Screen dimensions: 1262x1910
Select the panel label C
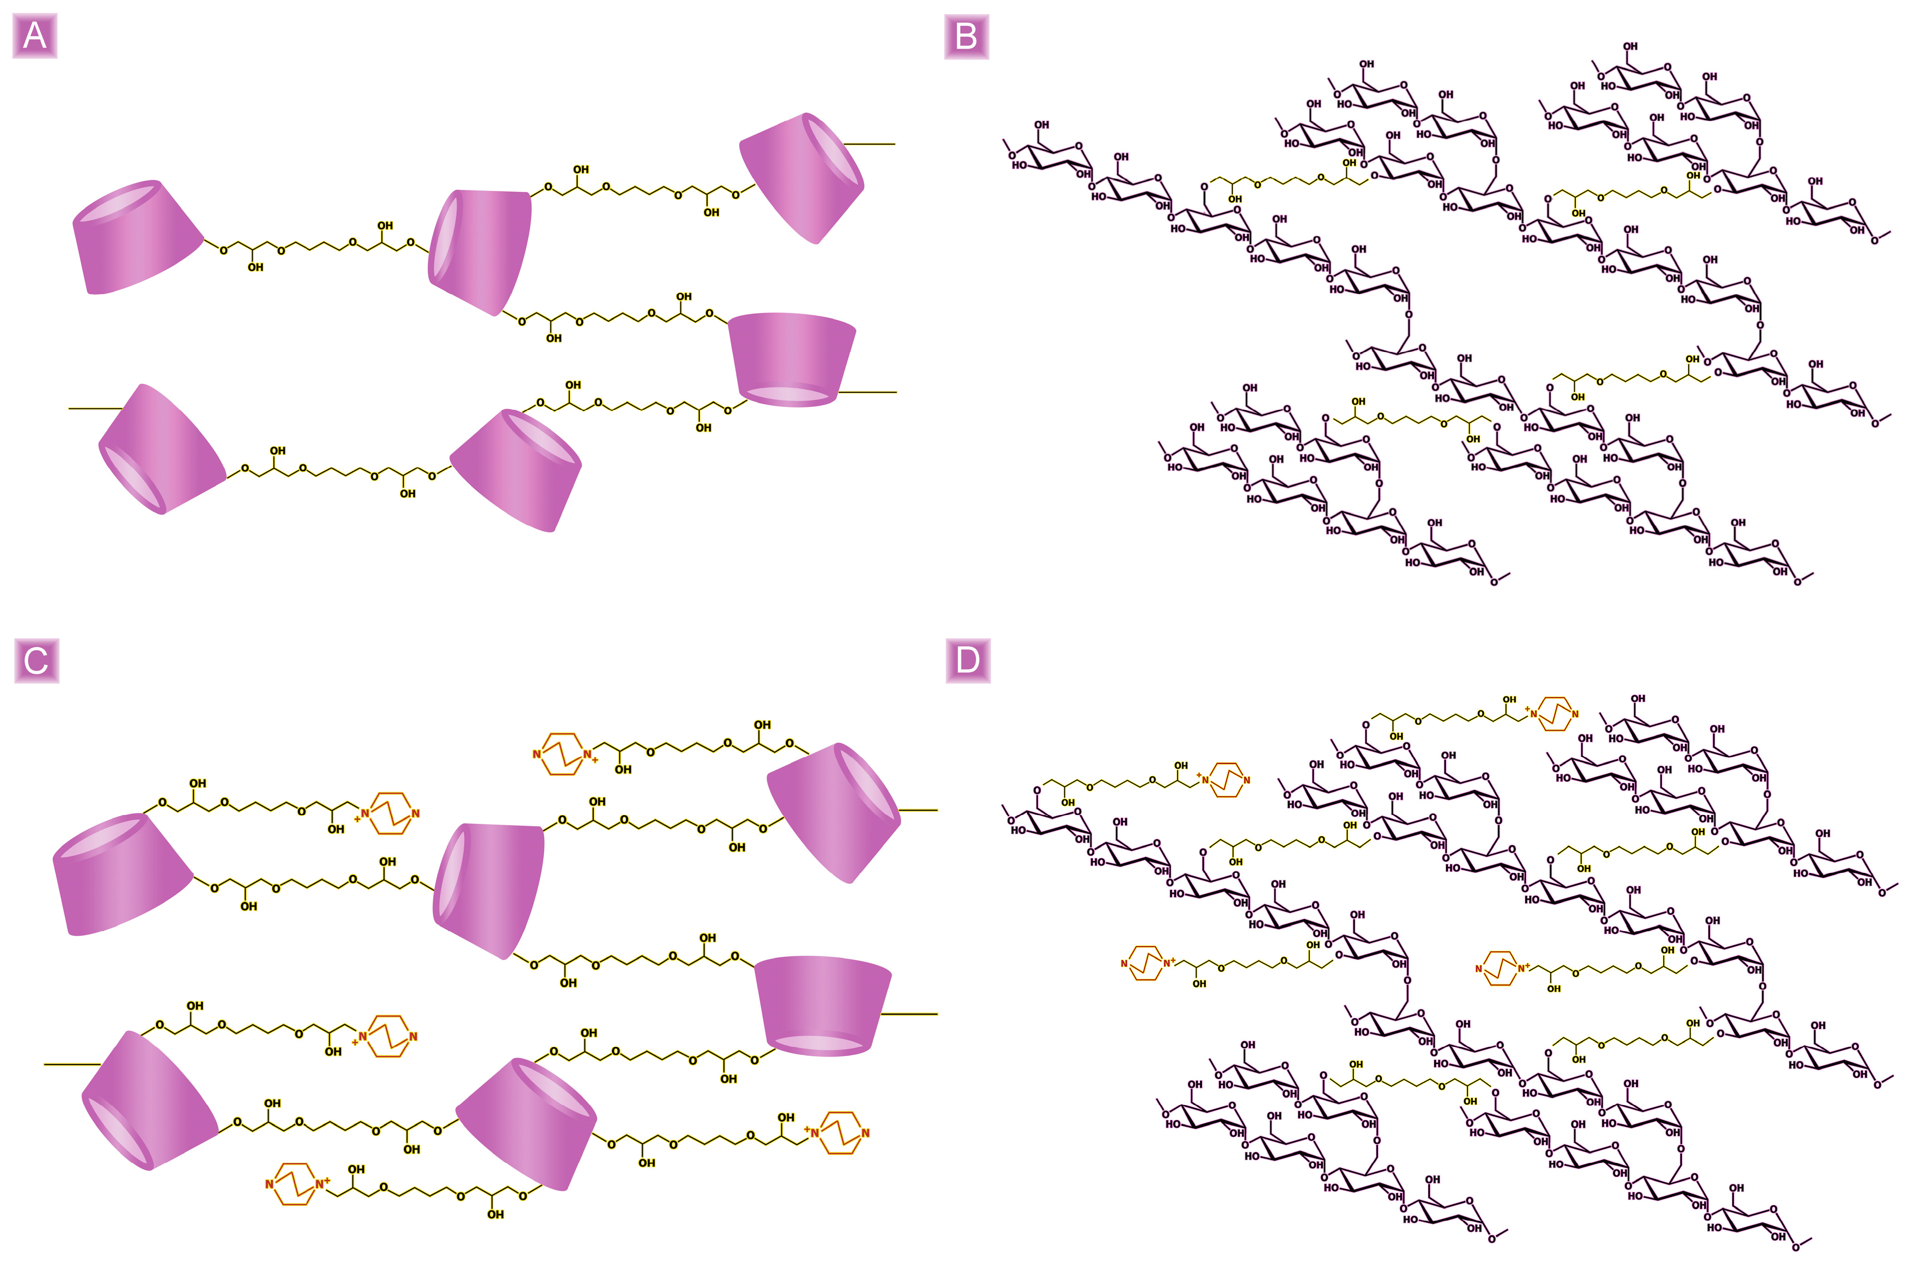click(36, 661)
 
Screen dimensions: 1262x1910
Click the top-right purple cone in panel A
click(801, 177)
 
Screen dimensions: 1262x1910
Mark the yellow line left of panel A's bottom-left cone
click(95, 409)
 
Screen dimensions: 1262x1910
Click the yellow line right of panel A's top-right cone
click(870, 144)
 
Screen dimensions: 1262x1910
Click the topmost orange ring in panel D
click(1556, 714)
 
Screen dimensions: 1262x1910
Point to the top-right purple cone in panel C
click(833, 813)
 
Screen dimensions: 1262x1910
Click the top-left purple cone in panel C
click(121, 875)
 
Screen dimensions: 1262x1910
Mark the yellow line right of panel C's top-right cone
click(918, 810)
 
